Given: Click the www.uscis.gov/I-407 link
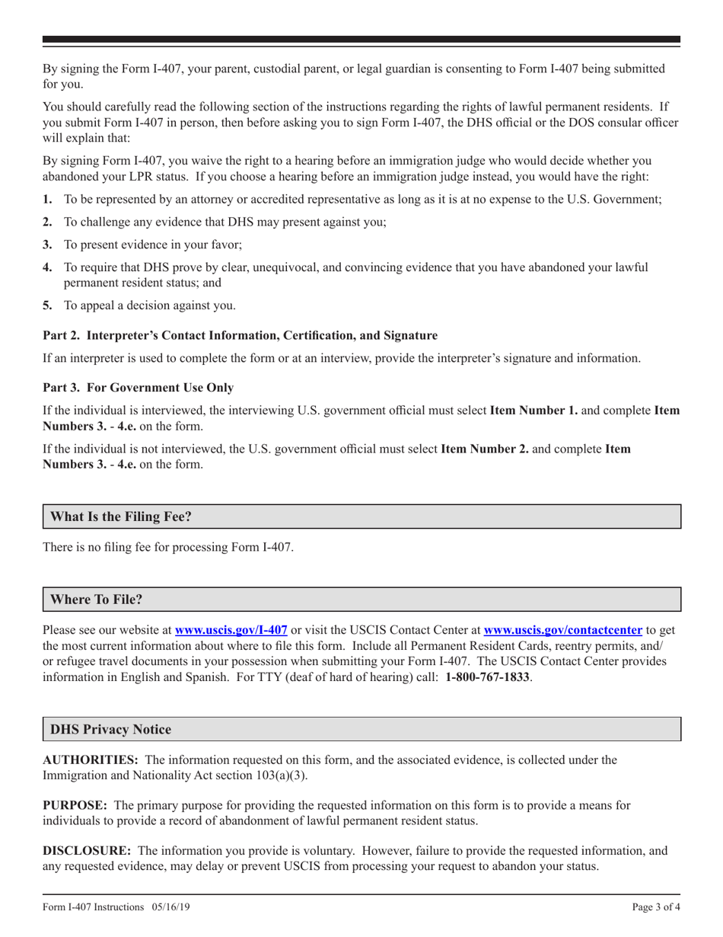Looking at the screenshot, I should point(231,630).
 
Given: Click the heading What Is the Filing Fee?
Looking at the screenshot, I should point(121,516).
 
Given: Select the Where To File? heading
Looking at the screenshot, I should point(97,600).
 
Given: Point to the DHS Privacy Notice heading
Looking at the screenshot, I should point(111,729).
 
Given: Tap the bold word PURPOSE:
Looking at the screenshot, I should point(75,805).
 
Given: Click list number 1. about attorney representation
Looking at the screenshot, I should point(48,199).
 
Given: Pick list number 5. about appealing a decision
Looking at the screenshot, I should point(48,305).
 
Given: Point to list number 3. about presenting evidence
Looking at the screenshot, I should point(48,245).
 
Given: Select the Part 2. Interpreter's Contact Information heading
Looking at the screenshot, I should point(240,335).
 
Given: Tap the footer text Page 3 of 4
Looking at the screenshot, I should point(656,907).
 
